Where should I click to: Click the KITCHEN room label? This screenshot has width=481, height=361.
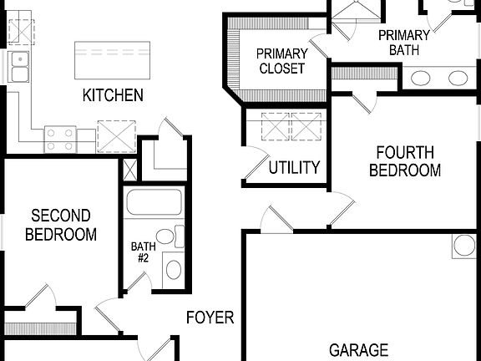click(113, 95)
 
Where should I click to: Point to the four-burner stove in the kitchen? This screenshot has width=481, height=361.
click(60, 138)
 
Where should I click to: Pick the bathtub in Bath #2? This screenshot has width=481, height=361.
click(154, 204)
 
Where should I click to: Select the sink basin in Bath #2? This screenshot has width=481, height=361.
click(173, 269)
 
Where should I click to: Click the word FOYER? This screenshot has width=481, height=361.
click(210, 318)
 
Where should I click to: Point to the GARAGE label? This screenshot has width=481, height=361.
click(358, 350)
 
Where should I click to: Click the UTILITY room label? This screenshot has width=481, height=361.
click(294, 168)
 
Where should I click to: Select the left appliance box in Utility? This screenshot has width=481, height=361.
click(273, 126)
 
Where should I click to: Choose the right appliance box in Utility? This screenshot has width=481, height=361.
click(304, 126)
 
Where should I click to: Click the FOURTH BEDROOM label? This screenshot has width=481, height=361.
click(405, 161)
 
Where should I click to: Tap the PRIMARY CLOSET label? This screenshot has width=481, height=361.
click(281, 62)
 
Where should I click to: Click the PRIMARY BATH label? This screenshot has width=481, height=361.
click(404, 43)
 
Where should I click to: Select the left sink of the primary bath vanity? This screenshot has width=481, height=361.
click(423, 79)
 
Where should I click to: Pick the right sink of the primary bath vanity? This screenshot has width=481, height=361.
click(458, 79)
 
